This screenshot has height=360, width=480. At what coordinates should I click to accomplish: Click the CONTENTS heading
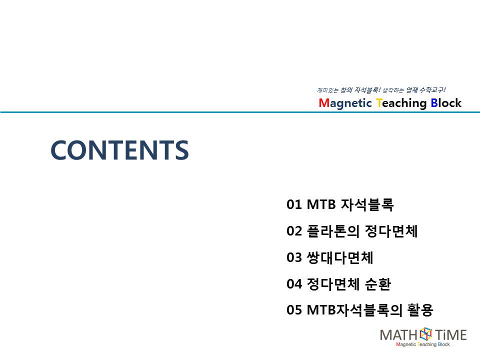pos(119,150)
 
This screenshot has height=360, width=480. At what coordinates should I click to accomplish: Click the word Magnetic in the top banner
pos(345,103)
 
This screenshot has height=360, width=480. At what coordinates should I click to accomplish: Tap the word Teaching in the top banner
pos(401,103)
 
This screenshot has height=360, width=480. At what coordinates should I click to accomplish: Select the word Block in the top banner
pos(446,103)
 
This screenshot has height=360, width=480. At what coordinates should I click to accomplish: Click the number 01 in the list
pos(294,204)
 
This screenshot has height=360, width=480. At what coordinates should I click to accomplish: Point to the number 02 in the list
pos(294,231)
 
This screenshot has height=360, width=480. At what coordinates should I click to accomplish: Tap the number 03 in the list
pos(294,257)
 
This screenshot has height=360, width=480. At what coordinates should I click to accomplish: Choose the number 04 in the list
pos(294,284)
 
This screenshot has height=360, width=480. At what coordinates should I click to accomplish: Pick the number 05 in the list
pos(294,310)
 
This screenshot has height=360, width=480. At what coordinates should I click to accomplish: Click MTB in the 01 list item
pos(321,204)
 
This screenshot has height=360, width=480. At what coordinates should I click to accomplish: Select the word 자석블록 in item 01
pos(367,204)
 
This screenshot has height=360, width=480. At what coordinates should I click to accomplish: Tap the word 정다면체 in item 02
pos(391,231)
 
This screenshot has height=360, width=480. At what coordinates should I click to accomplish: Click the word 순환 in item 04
pos(378,284)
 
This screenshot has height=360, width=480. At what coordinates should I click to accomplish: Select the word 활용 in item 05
pos(420,310)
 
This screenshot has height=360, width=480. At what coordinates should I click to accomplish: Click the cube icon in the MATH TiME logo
pos(425,334)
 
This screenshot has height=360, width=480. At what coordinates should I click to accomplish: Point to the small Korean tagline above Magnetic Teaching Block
pos(381,90)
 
